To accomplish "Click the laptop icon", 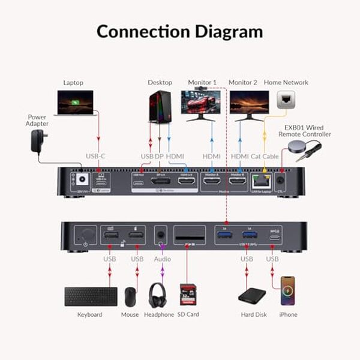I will [74, 103].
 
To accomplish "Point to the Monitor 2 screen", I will [249, 101].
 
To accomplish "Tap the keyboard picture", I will [91, 296].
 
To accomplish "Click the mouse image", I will [131, 296].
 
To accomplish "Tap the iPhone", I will [289, 292].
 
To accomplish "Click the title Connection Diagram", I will [179, 31].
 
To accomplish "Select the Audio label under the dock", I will [162, 259].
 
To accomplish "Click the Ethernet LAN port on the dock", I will [260, 179].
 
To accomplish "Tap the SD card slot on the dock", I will [188, 236].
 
